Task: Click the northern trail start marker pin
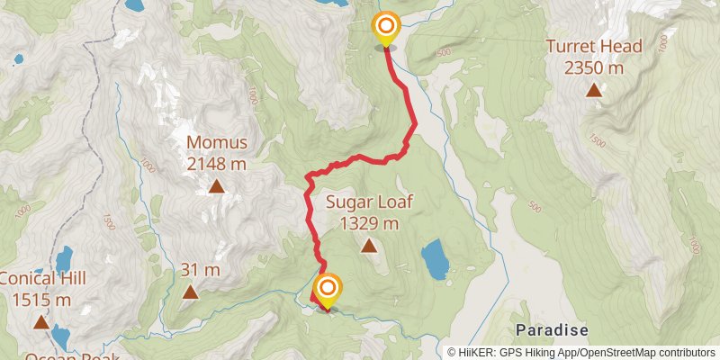coord(386,28)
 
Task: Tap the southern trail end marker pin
coord(328,290)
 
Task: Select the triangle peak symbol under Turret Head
coord(593,89)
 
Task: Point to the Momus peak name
coord(216,143)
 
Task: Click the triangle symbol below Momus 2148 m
coord(216,186)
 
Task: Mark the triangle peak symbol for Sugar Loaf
coord(369,245)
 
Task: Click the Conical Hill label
coord(42,279)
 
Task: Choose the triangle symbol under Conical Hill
coord(41,321)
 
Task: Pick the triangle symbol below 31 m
coord(190,292)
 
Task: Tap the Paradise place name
coord(553,330)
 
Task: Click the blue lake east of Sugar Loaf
coord(435,260)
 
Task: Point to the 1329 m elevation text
coord(369,223)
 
